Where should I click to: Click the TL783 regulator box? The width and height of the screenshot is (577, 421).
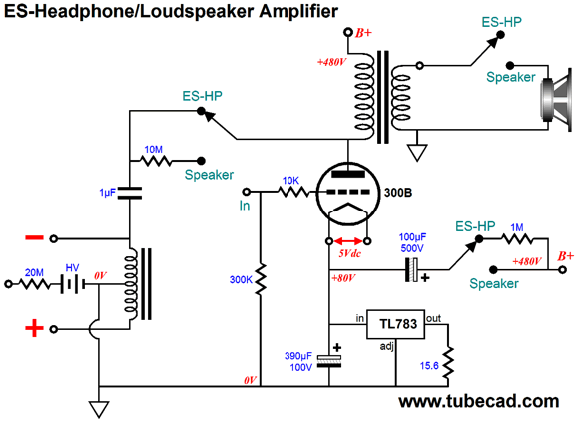tap(396, 324)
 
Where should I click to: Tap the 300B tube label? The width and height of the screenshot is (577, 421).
tap(398, 193)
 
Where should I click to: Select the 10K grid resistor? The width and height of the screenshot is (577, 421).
tap(293, 192)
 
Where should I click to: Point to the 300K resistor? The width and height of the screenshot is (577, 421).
tap(261, 278)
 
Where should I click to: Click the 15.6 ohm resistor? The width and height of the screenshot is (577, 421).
tap(448, 363)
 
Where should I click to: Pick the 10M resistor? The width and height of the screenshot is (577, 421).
tap(156, 161)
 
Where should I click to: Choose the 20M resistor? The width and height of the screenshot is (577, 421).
tap(34, 284)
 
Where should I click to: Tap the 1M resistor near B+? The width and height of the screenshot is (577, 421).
tap(517, 239)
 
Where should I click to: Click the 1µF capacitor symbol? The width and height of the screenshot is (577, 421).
tap(129, 193)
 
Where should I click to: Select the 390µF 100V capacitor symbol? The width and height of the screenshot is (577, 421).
tap(329, 361)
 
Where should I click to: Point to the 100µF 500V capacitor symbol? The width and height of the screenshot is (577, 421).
tap(411, 270)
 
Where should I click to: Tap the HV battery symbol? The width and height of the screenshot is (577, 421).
tap(73, 284)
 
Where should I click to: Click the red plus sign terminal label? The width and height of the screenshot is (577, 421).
tap(34, 328)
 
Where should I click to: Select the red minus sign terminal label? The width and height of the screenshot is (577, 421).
tap(34, 237)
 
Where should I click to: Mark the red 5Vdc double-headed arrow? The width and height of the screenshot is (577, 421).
tap(348, 241)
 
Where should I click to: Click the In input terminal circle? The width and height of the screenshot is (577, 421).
tap(247, 192)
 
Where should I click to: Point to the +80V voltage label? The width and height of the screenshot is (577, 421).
tap(343, 278)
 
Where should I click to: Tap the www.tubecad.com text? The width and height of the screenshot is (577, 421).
tap(479, 401)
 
